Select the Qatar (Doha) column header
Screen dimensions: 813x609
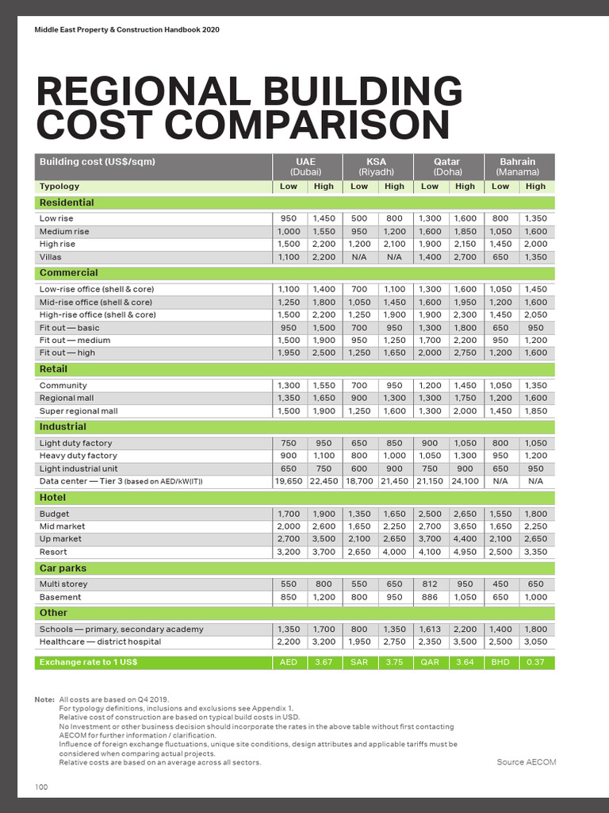pos(447,166)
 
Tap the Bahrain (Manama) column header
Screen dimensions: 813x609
pos(518,166)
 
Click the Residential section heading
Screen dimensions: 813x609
pos(67,202)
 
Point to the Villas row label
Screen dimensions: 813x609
pos(50,257)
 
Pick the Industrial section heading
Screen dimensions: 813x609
pos(63,426)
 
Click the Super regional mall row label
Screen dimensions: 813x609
pos(79,411)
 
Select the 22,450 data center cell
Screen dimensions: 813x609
pos(324,481)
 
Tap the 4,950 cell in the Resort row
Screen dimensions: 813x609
pos(465,552)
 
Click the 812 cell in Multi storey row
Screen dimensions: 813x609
pos(430,584)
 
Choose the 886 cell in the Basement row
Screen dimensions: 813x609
pos(430,597)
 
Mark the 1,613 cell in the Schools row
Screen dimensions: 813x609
pos(430,629)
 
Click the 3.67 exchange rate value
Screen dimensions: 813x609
pos(324,662)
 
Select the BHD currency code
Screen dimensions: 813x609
pos(500,662)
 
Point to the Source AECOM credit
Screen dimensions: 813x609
pos(526,762)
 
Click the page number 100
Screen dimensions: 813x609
pos(42,787)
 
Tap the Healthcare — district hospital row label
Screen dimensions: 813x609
pos(100,642)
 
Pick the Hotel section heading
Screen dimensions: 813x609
pos(52,497)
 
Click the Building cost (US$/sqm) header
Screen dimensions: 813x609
pos(98,162)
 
